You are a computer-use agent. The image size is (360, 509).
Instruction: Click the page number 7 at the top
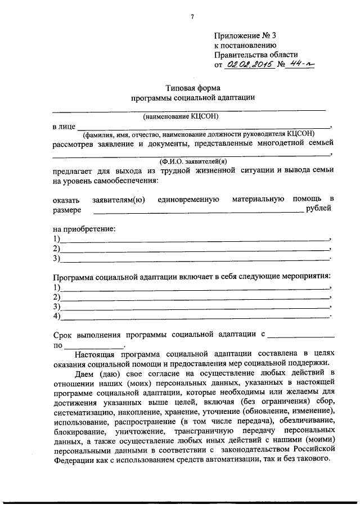click(x=192, y=16)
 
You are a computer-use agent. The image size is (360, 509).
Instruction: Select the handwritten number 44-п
click(x=300, y=65)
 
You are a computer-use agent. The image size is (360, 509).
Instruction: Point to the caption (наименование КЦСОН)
click(x=180, y=116)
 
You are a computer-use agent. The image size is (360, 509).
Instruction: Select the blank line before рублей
click(x=197, y=211)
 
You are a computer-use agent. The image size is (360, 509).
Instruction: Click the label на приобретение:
click(x=84, y=229)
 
